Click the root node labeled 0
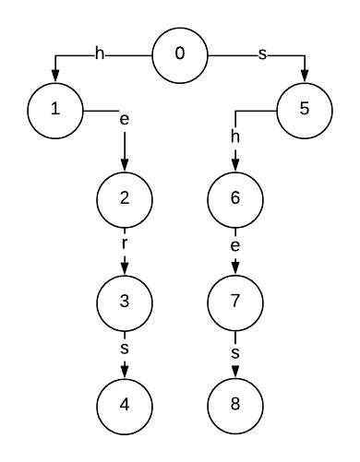click(180, 54)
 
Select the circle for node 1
click(55, 110)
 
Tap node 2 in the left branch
click(125, 197)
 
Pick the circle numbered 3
click(125, 301)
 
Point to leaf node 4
click(125, 404)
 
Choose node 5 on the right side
click(305, 110)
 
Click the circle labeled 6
click(235, 197)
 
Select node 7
click(235, 301)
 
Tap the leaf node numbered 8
click(235, 404)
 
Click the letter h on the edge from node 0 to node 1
click(101, 54)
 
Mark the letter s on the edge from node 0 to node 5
click(261, 54)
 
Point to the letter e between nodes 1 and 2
click(125, 120)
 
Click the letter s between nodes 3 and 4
click(125, 351)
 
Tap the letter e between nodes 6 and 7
click(235, 248)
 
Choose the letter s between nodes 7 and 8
click(235, 351)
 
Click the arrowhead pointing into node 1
click(55, 77)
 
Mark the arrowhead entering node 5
click(305, 77)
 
